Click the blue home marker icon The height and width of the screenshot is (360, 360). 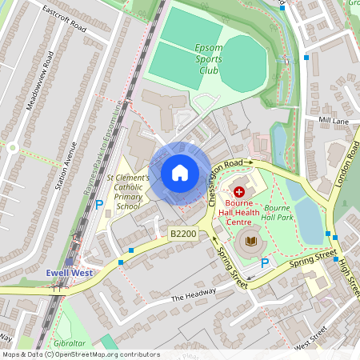(x=180, y=173)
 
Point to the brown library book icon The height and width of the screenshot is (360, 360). (x=251, y=241)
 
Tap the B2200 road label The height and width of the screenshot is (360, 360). (x=182, y=234)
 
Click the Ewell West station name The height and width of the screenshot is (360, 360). (x=69, y=273)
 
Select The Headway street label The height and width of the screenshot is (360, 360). (x=194, y=295)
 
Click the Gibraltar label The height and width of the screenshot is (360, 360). (x=81, y=334)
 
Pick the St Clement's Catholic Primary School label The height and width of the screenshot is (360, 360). (x=128, y=191)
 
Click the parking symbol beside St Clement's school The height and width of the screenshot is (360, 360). (x=99, y=205)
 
